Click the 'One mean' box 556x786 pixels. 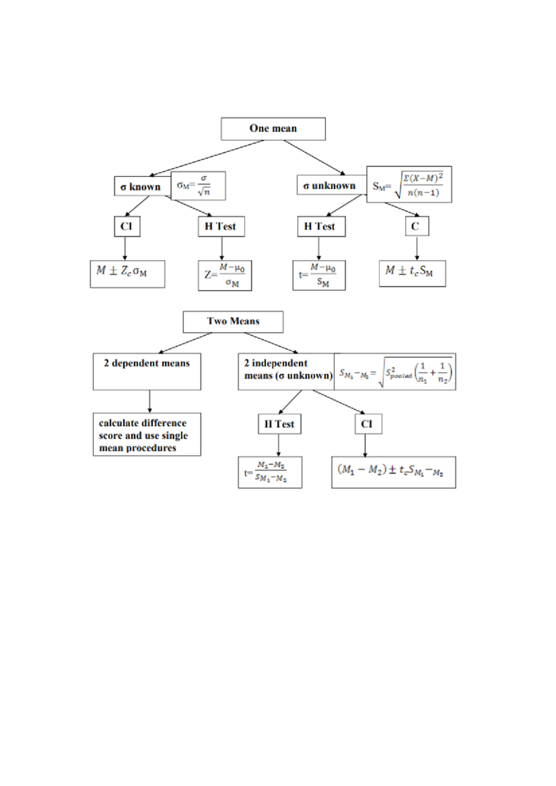pos(273,129)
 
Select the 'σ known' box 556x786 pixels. pos(142,187)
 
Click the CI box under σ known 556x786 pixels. pos(126,226)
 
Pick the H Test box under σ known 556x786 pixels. pos(221,226)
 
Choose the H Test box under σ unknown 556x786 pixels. pos(321,226)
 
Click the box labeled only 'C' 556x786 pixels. pos(416,226)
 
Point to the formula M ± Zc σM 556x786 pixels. pos(127,274)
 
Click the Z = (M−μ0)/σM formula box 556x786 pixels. pos(225,276)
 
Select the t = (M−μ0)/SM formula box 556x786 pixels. pos(319,275)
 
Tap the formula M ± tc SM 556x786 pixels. pos(412,273)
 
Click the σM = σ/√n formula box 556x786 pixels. pos(198,186)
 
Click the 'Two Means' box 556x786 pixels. pos(233,321)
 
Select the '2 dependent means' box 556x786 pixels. pos(146,371)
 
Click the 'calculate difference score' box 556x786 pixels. pos(146,435)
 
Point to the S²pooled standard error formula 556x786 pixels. pos(395,372)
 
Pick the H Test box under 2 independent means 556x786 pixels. pos(279,424)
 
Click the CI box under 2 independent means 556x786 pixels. pos(368,424)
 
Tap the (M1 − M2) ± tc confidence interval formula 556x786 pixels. pos(393,472)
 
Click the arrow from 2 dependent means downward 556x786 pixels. pos(149,401)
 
